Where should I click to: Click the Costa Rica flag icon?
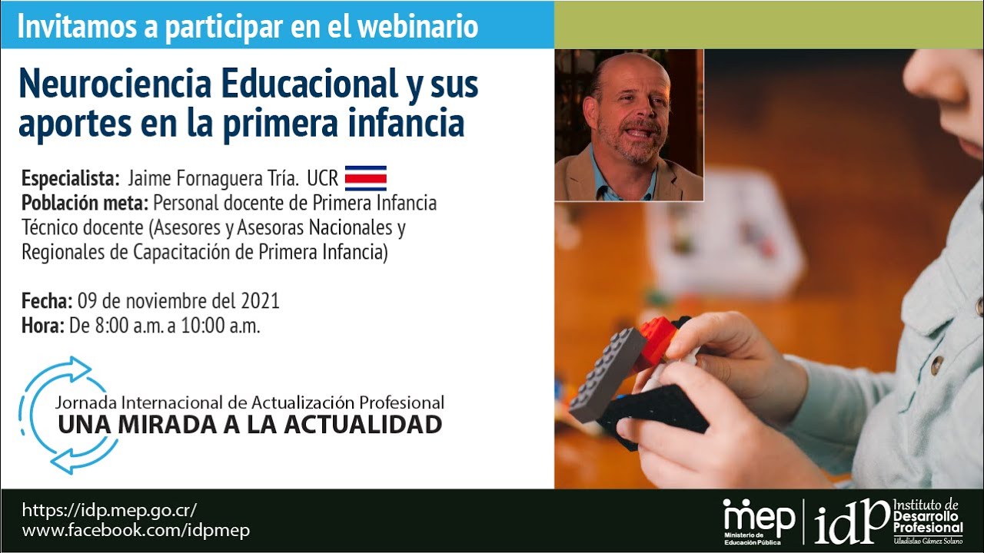coord(365,178)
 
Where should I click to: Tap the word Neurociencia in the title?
coord(115,84)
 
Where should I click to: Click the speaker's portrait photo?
coord(629,125)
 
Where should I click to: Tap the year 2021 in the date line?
coord(260,300)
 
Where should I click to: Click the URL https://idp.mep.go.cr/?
coord(109,510)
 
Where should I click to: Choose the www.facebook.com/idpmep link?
coord(135,530)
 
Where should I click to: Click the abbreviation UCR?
coord(322,179)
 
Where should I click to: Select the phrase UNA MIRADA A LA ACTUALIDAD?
coord(249,424)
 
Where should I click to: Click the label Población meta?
coord(85,204)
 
